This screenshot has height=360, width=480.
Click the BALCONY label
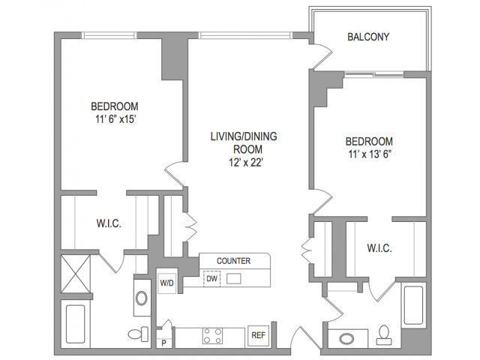coord(368,37)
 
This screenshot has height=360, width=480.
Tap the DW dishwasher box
coord(211,278)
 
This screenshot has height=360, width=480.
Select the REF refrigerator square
coord(258,335)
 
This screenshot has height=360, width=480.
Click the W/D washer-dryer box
coord(166,283)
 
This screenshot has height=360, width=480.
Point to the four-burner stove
coord(212,336)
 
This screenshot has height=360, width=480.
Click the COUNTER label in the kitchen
coord(233,261)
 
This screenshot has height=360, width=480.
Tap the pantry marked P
coord(163,343)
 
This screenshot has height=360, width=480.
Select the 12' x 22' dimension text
coord(246,163)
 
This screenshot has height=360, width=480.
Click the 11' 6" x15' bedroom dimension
coord(115,119)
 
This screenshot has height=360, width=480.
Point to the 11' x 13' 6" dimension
coord(370,154)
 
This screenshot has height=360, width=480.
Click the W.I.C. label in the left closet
coord(109,223)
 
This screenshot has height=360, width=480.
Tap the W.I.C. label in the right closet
coord(379,248)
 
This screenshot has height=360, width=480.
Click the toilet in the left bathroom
coord(138,334)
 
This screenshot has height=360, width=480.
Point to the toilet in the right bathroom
coord(384,335)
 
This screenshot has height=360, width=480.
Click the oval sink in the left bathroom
coord(142,298)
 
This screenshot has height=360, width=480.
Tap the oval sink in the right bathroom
coord(346,339)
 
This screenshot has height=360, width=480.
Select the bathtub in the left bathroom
coord(75,324)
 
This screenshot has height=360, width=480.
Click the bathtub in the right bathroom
coord(413,305)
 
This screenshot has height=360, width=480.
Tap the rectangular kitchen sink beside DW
coord(233,278)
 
